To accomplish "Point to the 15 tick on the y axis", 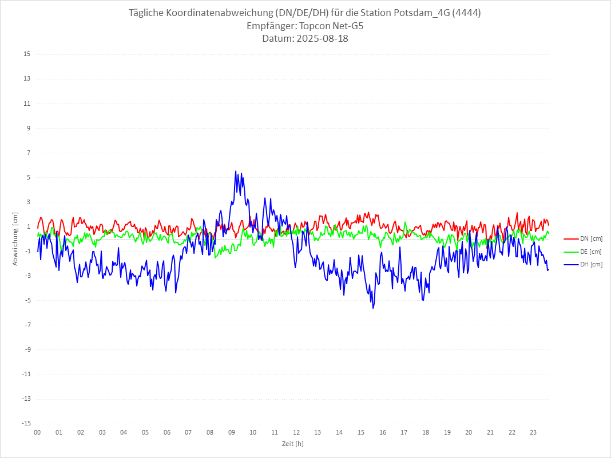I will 27,54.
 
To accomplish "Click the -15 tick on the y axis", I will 26,423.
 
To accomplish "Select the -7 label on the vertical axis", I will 27,325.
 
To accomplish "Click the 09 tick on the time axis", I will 231,432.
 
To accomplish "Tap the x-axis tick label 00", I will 37,432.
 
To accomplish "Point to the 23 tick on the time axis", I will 533,432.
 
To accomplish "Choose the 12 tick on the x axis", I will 296,432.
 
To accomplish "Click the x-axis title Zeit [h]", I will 293,443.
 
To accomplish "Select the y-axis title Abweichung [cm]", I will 15,238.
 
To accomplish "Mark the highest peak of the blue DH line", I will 236,171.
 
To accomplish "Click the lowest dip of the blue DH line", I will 373,308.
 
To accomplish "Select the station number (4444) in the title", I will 465,13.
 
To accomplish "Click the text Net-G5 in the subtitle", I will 348,26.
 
